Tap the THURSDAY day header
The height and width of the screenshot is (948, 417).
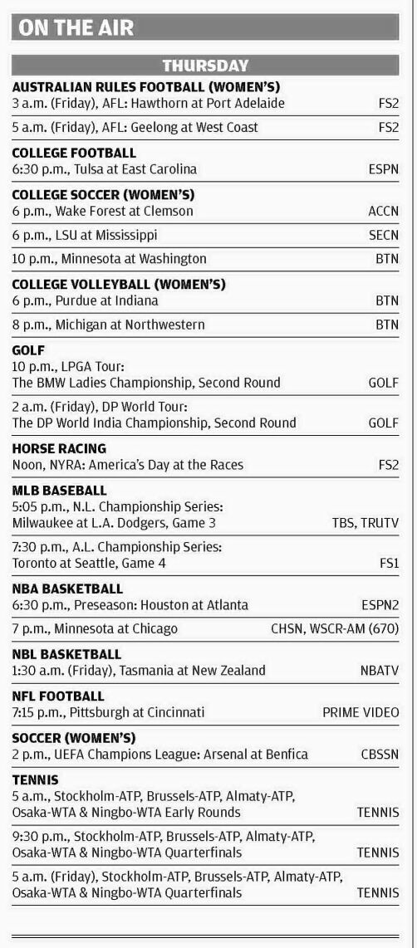205,65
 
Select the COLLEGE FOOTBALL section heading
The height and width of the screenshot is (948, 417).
74,153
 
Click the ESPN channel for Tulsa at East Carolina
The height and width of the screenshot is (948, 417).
383,169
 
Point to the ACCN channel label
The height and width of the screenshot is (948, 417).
383,211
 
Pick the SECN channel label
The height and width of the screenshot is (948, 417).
383,235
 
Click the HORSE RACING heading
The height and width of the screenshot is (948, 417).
59,448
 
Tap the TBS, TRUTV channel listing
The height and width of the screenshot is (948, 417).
365,522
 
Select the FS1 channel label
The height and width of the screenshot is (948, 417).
389,563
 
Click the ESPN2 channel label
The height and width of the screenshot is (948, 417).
379,605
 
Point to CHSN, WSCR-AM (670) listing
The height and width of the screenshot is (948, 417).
335,628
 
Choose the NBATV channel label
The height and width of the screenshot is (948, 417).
380,671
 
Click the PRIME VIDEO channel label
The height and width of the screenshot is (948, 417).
361,712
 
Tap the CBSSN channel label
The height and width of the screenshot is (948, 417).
380,754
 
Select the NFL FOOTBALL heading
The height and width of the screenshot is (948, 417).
58,696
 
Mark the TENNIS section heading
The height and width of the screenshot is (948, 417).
36,779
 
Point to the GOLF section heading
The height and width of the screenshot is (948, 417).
28,349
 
